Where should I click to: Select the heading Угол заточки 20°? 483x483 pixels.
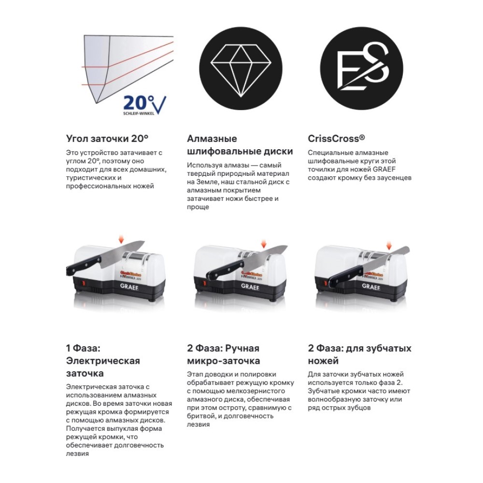[x=107, y=139]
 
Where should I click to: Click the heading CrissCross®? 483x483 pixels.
[x=336, y=139]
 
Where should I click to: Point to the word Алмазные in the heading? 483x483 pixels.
[x=212, y=139]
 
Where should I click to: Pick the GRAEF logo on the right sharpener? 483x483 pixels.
[x=370, y=286]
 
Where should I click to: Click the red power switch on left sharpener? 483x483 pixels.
[x=83, y=283]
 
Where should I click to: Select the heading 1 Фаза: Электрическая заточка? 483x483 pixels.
[x=103, y=361]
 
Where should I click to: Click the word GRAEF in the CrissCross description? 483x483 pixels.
[x=384, y=170]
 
